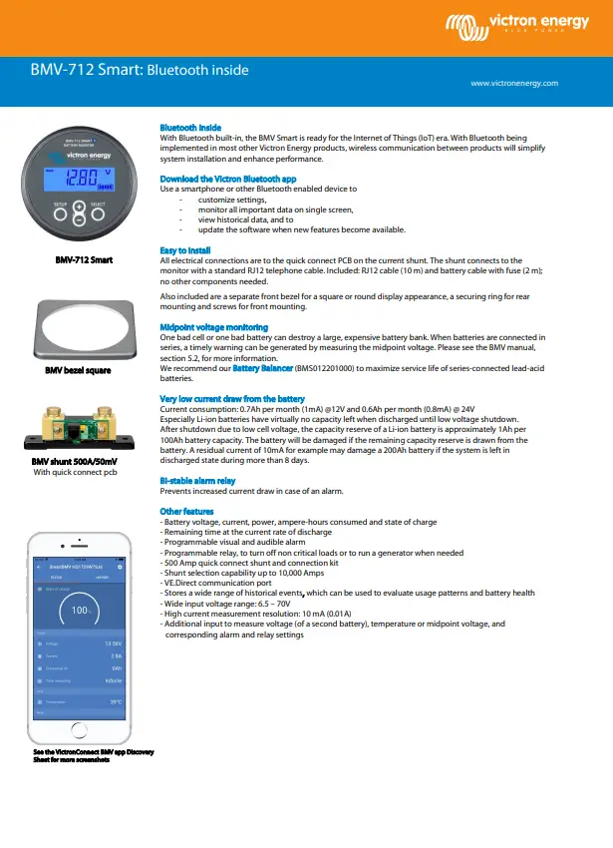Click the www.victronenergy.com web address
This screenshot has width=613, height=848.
513,84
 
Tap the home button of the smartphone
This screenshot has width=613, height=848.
84,741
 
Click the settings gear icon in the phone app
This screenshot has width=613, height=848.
120,567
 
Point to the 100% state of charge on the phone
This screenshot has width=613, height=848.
83,610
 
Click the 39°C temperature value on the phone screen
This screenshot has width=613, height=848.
116,702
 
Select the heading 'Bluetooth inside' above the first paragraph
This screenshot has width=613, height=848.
190,128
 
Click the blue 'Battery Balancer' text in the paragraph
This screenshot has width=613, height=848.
261,368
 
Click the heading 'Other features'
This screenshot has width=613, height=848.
186,512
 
